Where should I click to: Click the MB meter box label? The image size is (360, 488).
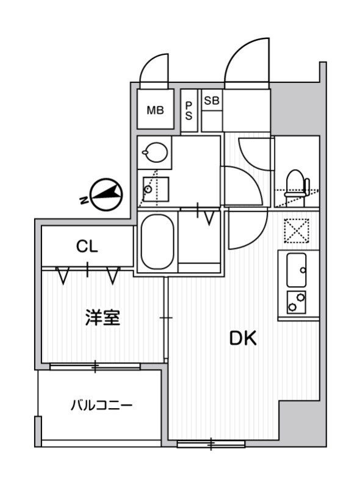point(155,110)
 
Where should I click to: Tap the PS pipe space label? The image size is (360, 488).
point(189,110)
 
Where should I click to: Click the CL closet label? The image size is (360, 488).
point(87,247)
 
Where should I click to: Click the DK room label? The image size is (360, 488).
point(243,338)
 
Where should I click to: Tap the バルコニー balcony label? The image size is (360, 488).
point(101,405)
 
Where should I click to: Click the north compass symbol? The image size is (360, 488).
point(107,195)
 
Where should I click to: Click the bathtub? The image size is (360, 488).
point(157,242)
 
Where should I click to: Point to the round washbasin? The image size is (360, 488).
point(154,152)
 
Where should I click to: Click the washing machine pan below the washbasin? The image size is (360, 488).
point(155,188)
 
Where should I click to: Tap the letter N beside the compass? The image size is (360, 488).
point(82,199)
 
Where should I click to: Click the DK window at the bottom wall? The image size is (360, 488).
point(210,443)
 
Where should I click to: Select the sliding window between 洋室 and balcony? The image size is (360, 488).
point(95,366)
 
